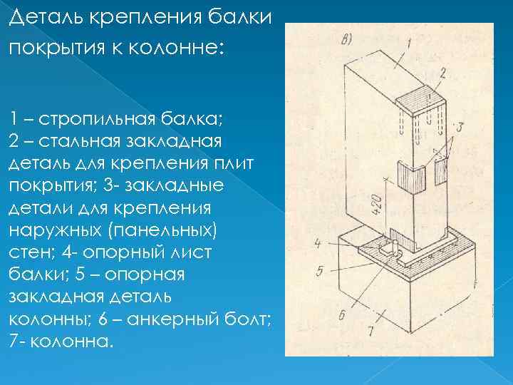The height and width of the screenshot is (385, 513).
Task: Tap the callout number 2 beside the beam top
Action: tap(442, 73)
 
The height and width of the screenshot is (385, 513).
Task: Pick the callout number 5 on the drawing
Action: tap(321, 271)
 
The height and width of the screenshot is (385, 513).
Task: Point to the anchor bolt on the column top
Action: tap(392, 249)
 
